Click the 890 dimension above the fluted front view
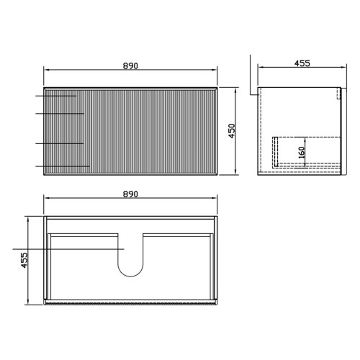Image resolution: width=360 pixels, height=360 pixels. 130,66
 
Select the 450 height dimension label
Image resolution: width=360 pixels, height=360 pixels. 232,131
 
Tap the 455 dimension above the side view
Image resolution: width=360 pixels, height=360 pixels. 302,63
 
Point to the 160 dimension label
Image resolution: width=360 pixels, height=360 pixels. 302,152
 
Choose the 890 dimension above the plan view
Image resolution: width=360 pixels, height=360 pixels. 130,194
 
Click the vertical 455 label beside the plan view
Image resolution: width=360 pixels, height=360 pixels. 24,260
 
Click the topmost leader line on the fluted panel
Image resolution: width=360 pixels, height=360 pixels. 56,96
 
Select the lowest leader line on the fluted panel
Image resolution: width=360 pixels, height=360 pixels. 63,166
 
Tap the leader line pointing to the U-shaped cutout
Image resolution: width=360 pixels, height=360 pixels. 68,249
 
